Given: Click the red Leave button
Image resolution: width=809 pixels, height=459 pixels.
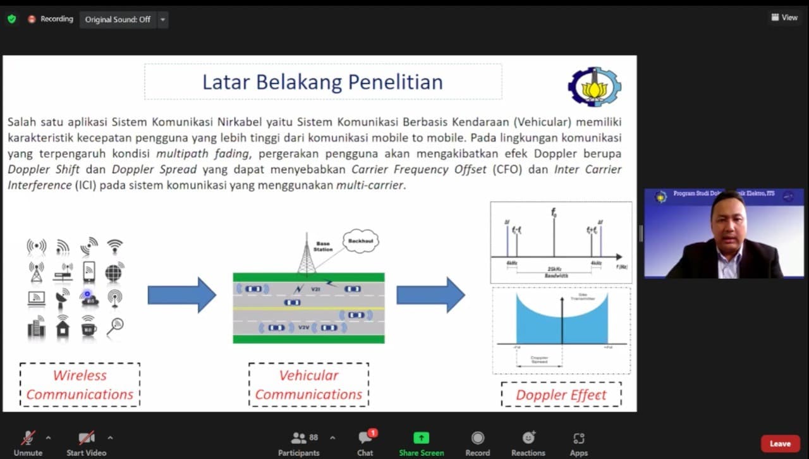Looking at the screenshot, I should pos(780,443).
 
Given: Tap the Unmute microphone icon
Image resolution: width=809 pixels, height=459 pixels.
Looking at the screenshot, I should pos(28,438).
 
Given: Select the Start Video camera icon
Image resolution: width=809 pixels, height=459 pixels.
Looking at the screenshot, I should pos(87,438).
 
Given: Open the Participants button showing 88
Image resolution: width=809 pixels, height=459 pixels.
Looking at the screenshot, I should pos(299,438).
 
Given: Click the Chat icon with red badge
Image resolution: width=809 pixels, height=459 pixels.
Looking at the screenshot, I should pos(365,438).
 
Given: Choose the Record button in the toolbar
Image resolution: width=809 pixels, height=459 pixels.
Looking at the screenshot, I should pos(478,438).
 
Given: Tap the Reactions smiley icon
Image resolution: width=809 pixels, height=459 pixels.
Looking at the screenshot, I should pos(528,438).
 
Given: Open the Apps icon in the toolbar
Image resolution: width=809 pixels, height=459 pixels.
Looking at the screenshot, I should pos(578,438).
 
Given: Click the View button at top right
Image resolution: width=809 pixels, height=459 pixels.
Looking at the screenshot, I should pos(784,18).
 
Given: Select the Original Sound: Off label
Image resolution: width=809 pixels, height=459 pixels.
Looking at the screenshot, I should pos(118,20).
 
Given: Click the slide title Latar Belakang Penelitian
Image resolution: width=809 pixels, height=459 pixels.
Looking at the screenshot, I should pos(322,82).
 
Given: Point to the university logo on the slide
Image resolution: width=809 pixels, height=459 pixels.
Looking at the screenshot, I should pos(594,87).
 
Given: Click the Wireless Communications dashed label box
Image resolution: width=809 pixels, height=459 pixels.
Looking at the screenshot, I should pos(80,384).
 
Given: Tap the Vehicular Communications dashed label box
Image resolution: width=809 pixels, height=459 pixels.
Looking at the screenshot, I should pos(308,384).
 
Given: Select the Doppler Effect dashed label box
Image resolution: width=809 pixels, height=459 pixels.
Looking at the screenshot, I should pos(561,395).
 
